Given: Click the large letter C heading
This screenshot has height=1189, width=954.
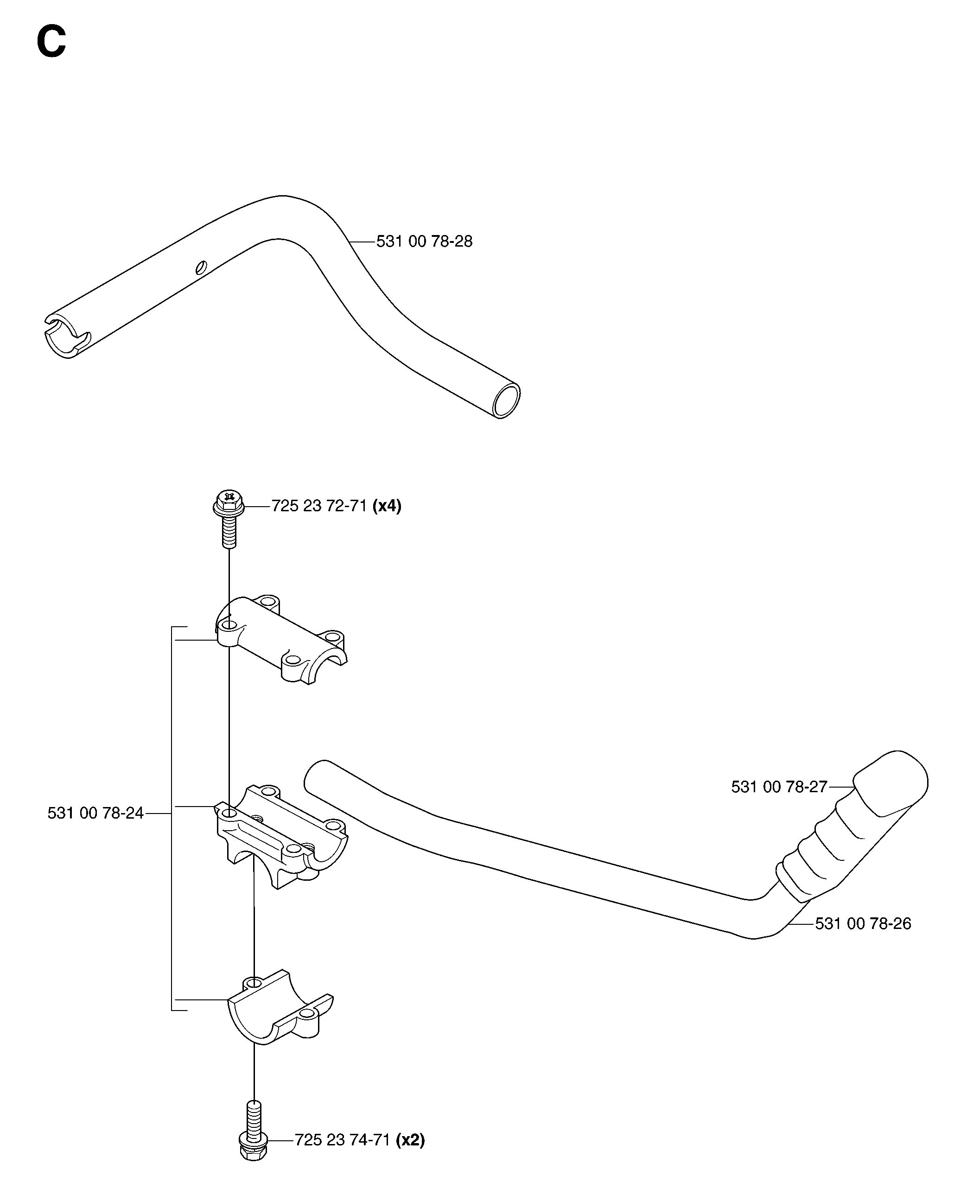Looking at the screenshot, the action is (51, 43).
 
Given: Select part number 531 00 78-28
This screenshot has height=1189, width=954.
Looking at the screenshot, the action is (424, 242).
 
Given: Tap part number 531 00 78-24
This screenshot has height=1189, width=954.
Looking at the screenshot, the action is (95, 813).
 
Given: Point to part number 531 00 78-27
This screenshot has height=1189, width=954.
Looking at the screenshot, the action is (779, 787).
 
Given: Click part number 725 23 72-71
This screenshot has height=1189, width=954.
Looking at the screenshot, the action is (319, 506).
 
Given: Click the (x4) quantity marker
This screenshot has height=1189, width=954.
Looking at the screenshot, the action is (387, 506).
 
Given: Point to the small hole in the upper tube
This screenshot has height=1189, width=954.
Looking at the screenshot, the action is (201, 267).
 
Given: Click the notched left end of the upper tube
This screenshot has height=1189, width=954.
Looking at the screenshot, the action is (66, 336).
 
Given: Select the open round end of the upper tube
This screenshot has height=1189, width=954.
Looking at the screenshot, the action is (506, 401).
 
